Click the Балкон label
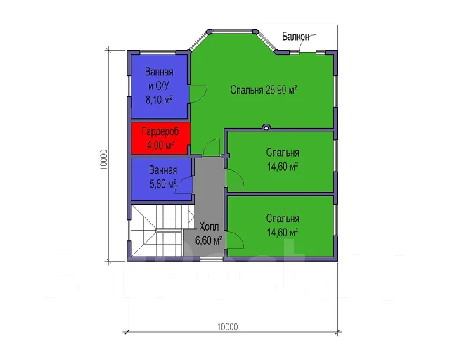point(295,37)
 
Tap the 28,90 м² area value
point(281,90)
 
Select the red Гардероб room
point(160,139)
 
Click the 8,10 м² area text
point(160,100)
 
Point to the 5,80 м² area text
point(162,184)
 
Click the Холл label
point(209,227)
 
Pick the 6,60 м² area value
point(209,240)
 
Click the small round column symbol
point(266,127)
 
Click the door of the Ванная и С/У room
point(198,94)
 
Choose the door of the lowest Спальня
point(236,240)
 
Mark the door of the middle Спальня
point(236,178)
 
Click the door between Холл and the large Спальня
point(212,147)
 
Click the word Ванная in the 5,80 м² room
point(163,170)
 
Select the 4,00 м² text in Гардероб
point(160,146)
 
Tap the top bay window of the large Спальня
point(233,30)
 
